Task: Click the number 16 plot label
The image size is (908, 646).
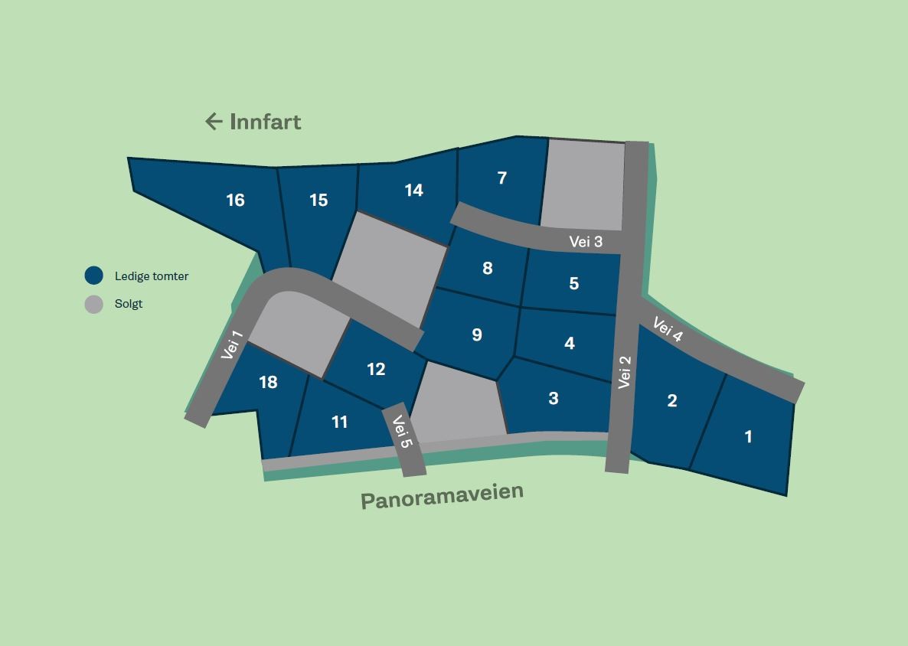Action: point(235,201)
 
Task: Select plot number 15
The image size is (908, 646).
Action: point(318,201)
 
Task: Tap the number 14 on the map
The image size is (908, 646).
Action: point(413,191)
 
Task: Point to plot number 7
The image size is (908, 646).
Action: point(502,178)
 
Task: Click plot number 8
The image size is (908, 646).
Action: point(488,269)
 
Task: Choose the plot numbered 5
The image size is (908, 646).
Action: point(574,284)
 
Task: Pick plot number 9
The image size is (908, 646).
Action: point(477,335)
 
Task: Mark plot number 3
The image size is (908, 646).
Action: point(554,399)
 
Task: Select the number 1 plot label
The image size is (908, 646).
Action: point(748,437)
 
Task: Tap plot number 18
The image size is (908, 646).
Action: point(268,383)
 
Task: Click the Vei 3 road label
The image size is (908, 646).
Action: point(586,243)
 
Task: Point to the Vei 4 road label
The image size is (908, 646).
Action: point(668,330)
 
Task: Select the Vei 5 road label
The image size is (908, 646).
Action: point(403,432)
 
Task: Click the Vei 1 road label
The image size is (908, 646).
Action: point(231,345)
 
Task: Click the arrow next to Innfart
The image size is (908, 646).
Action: point(214,121)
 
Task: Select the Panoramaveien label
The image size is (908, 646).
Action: point(442,495)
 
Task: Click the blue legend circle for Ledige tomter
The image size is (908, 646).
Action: point(93,276)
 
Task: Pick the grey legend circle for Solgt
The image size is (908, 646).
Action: point(93,304)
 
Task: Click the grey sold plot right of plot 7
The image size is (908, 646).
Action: point(583,184)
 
